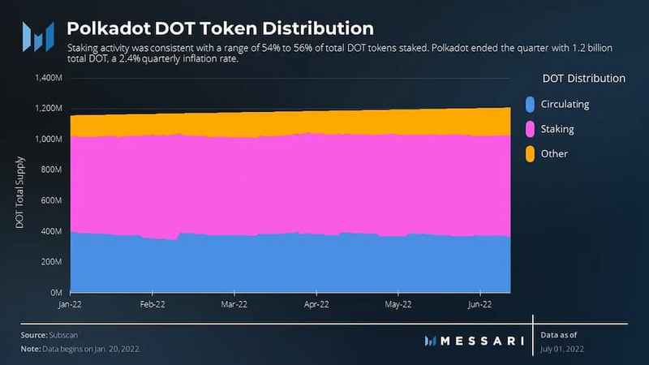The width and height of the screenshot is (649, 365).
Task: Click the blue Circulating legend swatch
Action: coord(530,104)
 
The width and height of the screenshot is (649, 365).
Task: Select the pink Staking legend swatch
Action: coord(530,129)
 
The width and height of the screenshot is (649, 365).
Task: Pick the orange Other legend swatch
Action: coord(530,153)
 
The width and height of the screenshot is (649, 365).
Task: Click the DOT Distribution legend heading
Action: coord(582,79)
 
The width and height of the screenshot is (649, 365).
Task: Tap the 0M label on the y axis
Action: coord(57,292)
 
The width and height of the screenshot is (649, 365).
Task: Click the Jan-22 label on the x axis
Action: coord(70,304)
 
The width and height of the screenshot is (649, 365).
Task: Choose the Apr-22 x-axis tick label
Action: coord(316,304)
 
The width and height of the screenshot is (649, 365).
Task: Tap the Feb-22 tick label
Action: coord(152,304)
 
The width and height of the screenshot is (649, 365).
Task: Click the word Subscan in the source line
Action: coord(62,334)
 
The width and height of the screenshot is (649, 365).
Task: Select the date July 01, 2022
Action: coord(561,349)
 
